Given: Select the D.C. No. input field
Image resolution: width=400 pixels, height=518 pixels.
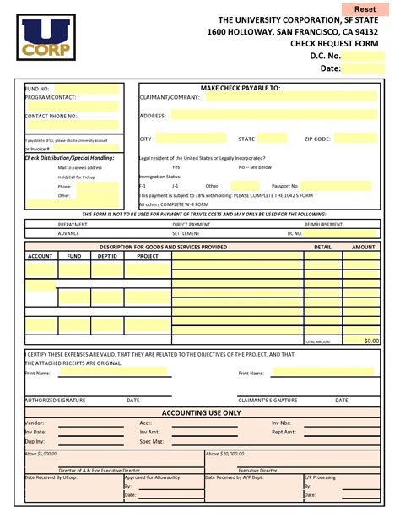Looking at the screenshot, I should pyautogui.click(x=364, y=56).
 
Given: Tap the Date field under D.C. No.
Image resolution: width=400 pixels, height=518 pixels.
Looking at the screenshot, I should pyautogui.click(x=364, y=69).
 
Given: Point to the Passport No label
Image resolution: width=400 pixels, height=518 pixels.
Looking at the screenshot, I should pyautogui.click(x=284, y=186).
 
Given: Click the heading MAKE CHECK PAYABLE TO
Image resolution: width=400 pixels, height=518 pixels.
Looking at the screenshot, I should pyautogui.click(x=241, y=88).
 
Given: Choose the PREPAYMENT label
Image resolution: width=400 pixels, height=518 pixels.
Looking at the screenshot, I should pyautogui.click(x=73, y=225).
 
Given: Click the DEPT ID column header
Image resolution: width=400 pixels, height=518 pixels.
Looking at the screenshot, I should pyautogui.click(x=107, y=255).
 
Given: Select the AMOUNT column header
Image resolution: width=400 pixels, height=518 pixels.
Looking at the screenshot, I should pyautogui.click(x=364, y=247).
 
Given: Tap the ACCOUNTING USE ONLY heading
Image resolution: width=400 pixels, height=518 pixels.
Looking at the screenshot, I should pyautogui.click(x=201, y=413).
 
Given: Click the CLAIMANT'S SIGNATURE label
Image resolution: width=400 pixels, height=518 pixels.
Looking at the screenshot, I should pyautogui.click(x=268, y=400).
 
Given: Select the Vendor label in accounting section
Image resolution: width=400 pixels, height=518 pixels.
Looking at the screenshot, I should pyautogui.click(x=35, y=423).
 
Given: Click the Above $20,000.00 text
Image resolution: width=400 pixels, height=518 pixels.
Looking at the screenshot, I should pyautogui.click(x=226, y=453).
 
